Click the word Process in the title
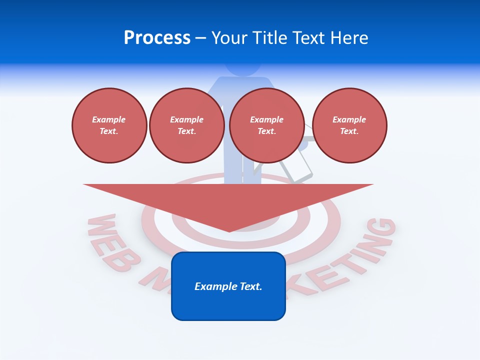pyautogui.click(x=157, y=38)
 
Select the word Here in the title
pyautogui.click(x=349, y=38)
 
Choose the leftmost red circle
pyautogui.click(x=109, y=125)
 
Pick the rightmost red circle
pyautogui.click(x=349, y=125)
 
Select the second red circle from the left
pyautogui.click(x=187, y=125)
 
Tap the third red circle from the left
pyautogui.click(x=267, y=125)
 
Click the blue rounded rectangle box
pyautogui.click(x=228, y=286)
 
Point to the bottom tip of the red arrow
pyautogui.click(x=229, y=230)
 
